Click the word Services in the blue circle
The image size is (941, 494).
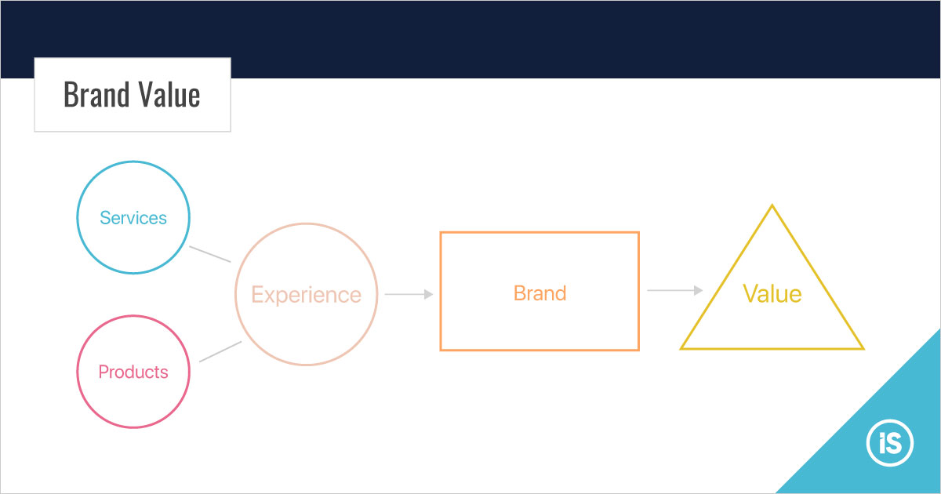click(x=133, y=218)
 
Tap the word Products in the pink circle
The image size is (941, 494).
click(x=133, y=372)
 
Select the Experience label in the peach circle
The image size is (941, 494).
click(x=307, y=295)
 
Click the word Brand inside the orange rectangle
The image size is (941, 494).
click(x=540, y=292)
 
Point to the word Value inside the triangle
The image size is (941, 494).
click(x=772, y=293)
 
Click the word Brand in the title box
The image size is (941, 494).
click(x=96, y=95)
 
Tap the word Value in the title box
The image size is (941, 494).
click(x=169, y=95)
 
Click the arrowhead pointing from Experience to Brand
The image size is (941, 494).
click(x=428, y=294)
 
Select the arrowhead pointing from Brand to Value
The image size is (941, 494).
click(x=698, y=290)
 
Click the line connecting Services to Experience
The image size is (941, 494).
click(x=210, y=254)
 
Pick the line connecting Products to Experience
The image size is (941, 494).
click(x=220, y=351)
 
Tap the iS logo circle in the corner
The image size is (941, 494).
click(x=890, y=443)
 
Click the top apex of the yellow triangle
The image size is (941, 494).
click(x=772, y=205)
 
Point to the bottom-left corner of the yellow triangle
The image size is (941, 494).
click(x=681, y=349)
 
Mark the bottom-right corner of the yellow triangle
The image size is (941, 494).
click(x=863, y=349)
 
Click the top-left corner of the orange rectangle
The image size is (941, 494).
click(x=441, y=232)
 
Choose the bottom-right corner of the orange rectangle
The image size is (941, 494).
click(x=638, y=350)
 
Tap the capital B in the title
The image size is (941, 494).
click(x=71, y=95)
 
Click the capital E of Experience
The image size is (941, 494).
click(x=257, y=294)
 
